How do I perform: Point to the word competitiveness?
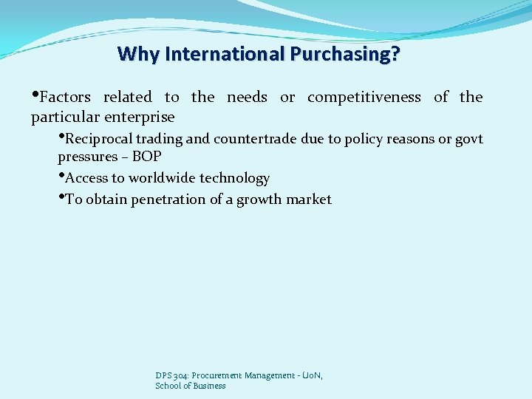[x=364, y=97]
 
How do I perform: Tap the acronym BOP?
[x=146, y=157]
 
